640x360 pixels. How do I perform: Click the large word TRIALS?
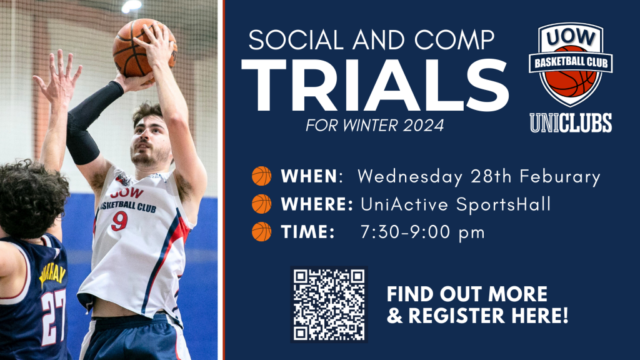tap(375, 86)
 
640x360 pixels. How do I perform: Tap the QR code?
tap(329, 304)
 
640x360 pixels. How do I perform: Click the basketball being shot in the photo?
tap(144, 47)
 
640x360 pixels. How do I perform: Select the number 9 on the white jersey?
tap(119, 221)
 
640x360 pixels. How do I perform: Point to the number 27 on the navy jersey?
tap(54, 317)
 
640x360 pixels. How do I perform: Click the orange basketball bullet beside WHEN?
tap(262, 176)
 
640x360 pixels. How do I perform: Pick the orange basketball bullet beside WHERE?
tap(262, 204)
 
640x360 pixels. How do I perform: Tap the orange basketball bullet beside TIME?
tap(262, 232)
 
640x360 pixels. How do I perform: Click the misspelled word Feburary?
tap(559, 177)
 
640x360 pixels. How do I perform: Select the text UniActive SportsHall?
tap(456, 204)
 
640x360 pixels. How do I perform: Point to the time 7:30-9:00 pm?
tap(423, 232)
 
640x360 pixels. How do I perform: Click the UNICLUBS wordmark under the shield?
tap(571, 123)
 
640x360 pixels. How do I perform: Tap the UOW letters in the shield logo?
tap(571, 38)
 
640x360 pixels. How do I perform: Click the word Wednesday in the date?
tap(410, 177)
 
